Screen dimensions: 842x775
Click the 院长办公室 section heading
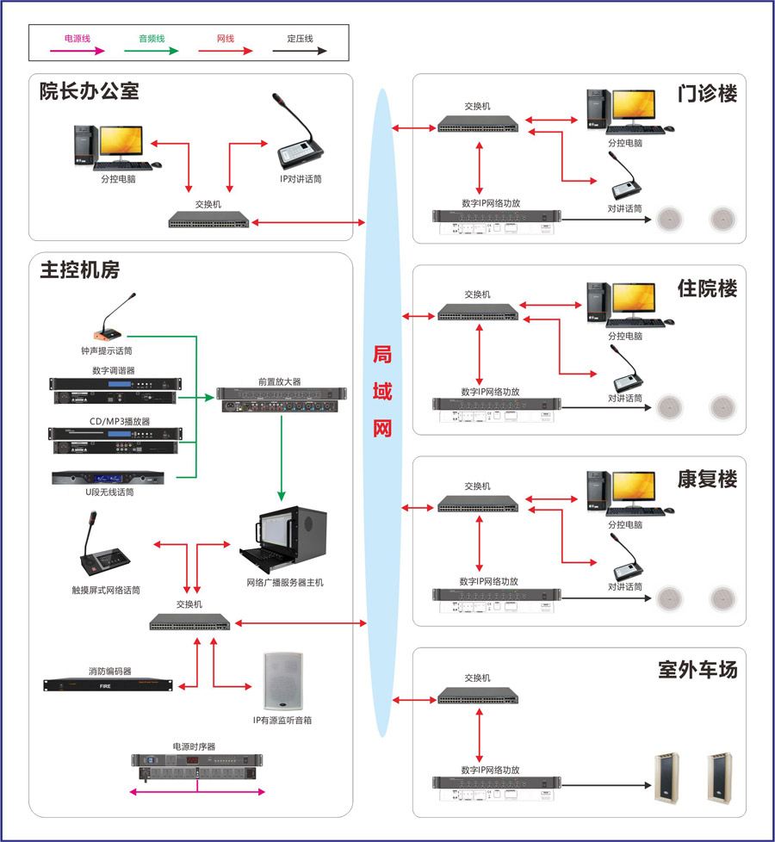[89, 91]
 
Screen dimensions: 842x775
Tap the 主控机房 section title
[79, 269]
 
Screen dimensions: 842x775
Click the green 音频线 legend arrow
[152, 52]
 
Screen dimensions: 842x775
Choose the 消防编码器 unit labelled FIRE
[108, 685]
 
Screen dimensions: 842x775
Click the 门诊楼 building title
[707, 93]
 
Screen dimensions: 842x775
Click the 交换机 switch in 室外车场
[477, 695]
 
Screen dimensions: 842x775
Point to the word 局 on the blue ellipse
[382, 356]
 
